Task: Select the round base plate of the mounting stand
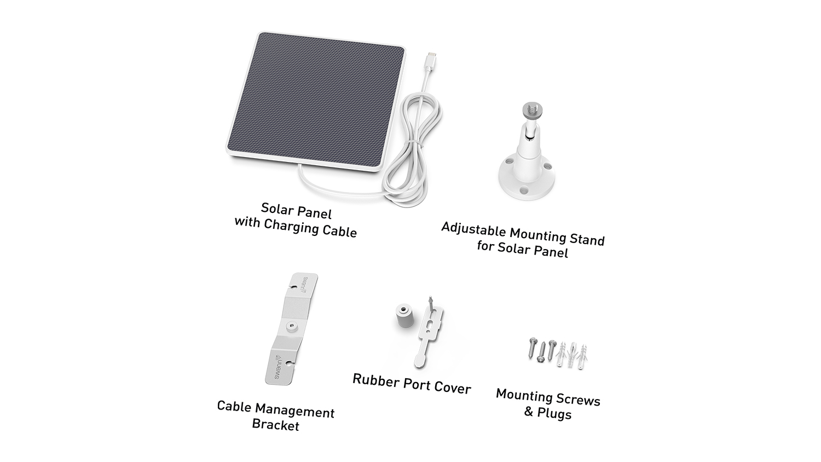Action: (x=527, y=178)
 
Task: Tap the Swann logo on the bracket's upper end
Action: (x=304, y=285)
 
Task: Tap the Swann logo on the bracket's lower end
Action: (x=278, y=367)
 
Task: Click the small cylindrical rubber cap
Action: (x=404, y=315)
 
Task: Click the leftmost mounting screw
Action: (x=532, y=349)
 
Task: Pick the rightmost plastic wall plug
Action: (x=582, y=356)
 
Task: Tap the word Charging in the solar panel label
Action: (x=291, y=227)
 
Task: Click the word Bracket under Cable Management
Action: (x=276, y=425)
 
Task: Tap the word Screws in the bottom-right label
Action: (x=580, y=400)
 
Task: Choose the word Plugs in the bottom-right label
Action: (x=554, y=414)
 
